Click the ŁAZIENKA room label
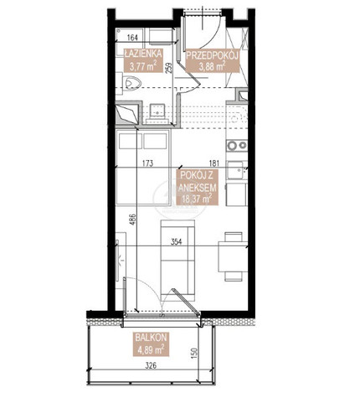coord(143,53)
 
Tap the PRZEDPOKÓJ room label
coord(213,55)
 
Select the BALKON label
coord(151,337)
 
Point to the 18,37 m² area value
coord(196,199)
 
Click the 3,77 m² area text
coord(143,65)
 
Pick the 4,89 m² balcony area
coord(151,349)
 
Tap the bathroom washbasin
coord(157,111)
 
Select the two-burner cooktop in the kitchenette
coord(237,145)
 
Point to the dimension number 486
coord(133,220)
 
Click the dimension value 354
coord(176,241)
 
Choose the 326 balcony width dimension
coord(151,364)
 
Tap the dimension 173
coord(147,163)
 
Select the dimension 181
coord(213,163)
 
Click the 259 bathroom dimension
coord(169,68)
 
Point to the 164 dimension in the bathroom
coord(132,38)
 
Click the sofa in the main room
coord(177,261)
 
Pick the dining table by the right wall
coord(233,256)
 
